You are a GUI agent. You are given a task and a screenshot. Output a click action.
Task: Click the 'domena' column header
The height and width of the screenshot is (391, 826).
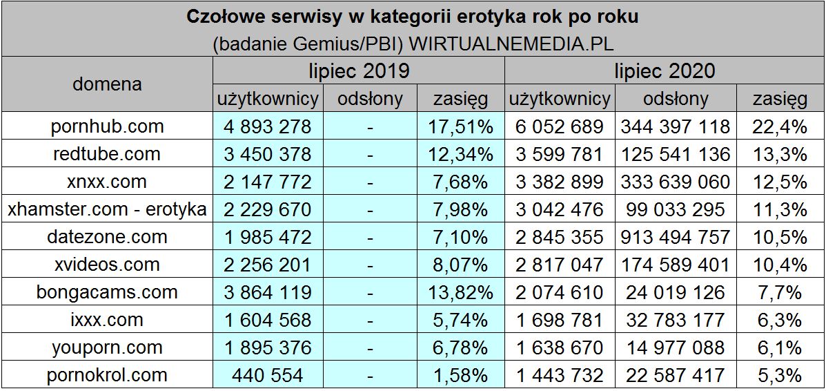pos(107,84)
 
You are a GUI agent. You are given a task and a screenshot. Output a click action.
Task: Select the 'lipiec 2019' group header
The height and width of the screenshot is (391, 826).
pos(358,70)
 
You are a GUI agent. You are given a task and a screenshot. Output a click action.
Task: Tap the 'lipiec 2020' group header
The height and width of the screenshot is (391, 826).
pos(665,70)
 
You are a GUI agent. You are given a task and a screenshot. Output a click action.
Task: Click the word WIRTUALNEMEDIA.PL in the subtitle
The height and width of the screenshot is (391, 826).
pos(511,43)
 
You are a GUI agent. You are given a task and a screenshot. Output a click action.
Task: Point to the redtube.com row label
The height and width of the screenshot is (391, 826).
pos(107,154)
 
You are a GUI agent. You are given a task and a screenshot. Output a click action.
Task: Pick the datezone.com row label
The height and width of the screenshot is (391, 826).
pos(107,237)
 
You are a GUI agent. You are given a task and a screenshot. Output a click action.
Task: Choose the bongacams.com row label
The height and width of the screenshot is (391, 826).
pos(107,292)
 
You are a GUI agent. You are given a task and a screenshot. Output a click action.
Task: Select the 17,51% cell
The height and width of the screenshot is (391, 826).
pos(460,126)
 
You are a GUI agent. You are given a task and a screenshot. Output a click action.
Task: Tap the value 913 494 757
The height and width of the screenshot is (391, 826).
pos(675,237)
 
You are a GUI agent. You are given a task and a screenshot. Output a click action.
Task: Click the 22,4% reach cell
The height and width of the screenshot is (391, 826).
pos(780,126)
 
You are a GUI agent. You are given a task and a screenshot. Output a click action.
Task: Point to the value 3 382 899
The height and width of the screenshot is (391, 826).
pos(559,182)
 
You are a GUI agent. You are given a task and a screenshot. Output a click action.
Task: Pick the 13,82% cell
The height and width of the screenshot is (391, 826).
pos(460,292)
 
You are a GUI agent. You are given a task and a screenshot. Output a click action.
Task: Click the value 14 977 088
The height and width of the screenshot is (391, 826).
pos(675,347)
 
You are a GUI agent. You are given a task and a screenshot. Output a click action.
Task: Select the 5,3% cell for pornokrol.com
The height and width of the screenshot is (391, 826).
pos(780,375)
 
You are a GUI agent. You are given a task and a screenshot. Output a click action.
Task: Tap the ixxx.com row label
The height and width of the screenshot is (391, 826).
pos(107,320)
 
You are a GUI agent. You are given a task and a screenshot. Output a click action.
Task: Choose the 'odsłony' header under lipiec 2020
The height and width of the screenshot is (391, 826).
pos(675,99)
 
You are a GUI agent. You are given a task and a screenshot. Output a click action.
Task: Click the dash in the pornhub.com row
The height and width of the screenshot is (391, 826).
pos(370,127)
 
